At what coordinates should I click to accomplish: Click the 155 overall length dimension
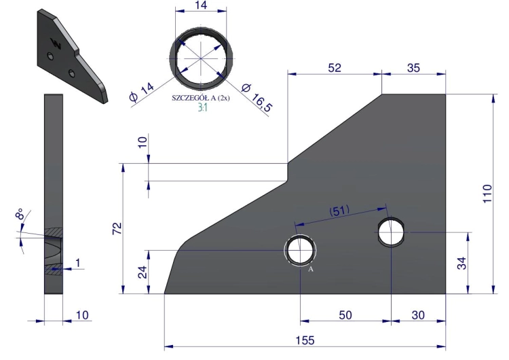pos(305,340)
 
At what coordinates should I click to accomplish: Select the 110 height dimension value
pos(487,194)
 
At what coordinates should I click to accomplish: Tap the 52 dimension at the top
pos(335,67)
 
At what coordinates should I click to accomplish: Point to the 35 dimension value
pos(413,67)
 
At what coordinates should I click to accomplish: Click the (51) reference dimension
pos(339,211)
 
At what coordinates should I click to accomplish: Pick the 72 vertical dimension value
pos(117,228)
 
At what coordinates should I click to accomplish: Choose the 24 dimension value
pos(143,272)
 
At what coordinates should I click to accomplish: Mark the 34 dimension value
pos(461,263)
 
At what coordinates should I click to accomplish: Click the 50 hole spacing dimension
pos(345,315)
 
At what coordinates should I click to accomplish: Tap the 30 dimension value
pos(418,315)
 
